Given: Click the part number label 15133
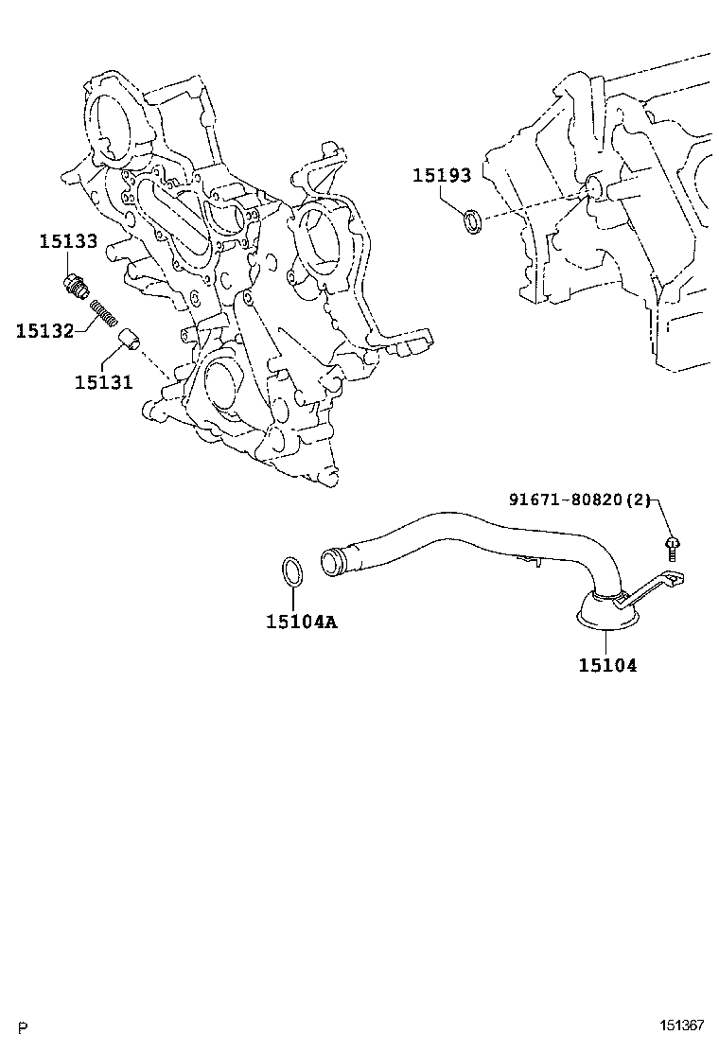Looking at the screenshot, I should pyautogui.click(x=67, y=241).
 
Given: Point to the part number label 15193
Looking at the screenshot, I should pyautogui.click(x=441, y=176).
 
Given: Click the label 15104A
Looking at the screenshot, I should pyautogui.click(x=302, y=622).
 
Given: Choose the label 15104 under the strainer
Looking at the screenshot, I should pyautogui.click(x=607, y=665).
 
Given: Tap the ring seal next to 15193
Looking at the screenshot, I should pyautogui.click(x=470, y=222).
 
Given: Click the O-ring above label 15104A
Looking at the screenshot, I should pyautogui.click(x=293, y=571).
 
